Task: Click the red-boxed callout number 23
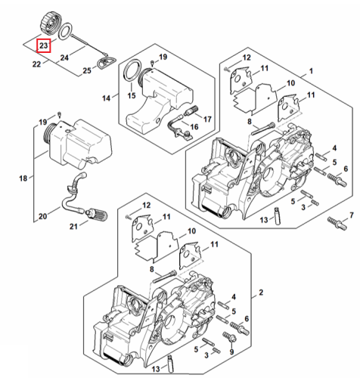pos(43,45)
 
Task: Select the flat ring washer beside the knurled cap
pos(66,31)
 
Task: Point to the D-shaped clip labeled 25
pos(106,63)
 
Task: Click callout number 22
pos(36,64)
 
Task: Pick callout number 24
pos(64,57)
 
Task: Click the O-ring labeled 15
pos(133,70)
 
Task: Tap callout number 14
pos(106,98)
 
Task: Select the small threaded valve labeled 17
pos(191,111)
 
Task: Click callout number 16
pos(194,127)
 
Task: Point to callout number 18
pos(23,178)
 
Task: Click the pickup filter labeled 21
pos(97,215)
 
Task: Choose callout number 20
pos(42,216)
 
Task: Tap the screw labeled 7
pos(337,223)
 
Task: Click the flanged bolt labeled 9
pos(229,337)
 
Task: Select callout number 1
pos(311,71)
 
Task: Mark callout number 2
pos(261,293)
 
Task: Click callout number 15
pos(132,95)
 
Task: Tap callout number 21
pos(73,227)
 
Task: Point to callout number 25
pos(87,70)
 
